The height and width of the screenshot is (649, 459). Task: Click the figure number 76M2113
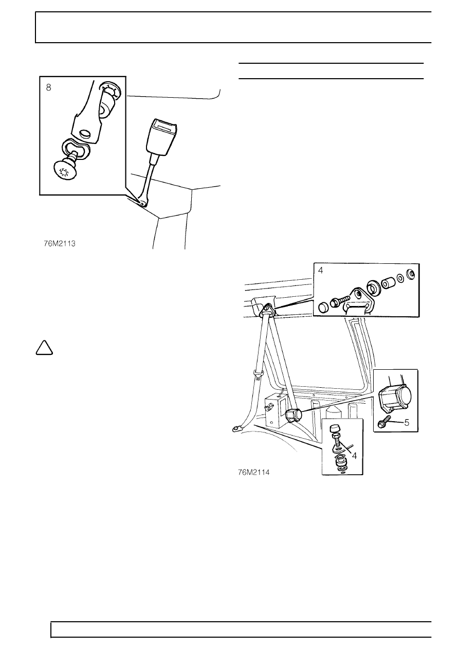(x=60, y=244)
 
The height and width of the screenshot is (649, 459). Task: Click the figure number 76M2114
(x=254, y=472)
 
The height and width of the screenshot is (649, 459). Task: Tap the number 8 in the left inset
(x=49, y=87)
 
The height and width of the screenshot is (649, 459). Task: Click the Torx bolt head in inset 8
(x=65, y=173)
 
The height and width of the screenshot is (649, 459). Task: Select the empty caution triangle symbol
(x=44, y=348)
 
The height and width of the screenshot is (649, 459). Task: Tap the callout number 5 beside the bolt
(x=407, y=423)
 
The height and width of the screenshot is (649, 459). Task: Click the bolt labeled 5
(x=384, y=421)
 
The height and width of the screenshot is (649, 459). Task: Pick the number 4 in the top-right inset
(x=321, y=271)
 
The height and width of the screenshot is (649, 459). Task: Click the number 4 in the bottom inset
(x=355, y=456)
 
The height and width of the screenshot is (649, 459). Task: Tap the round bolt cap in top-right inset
(x=323, y=308)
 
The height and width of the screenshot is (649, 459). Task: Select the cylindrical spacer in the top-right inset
(x=388, y=283)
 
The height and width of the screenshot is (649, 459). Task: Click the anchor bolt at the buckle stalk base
(x=142, y=204)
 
